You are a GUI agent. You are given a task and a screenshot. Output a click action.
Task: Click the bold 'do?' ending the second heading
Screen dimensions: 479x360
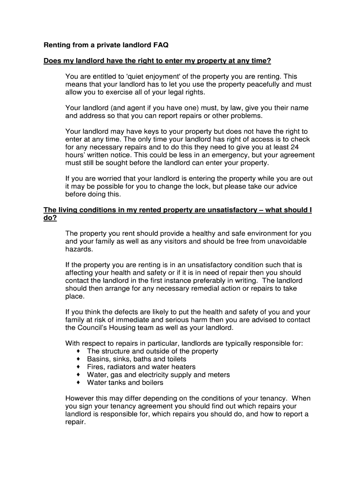click(50, 218)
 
